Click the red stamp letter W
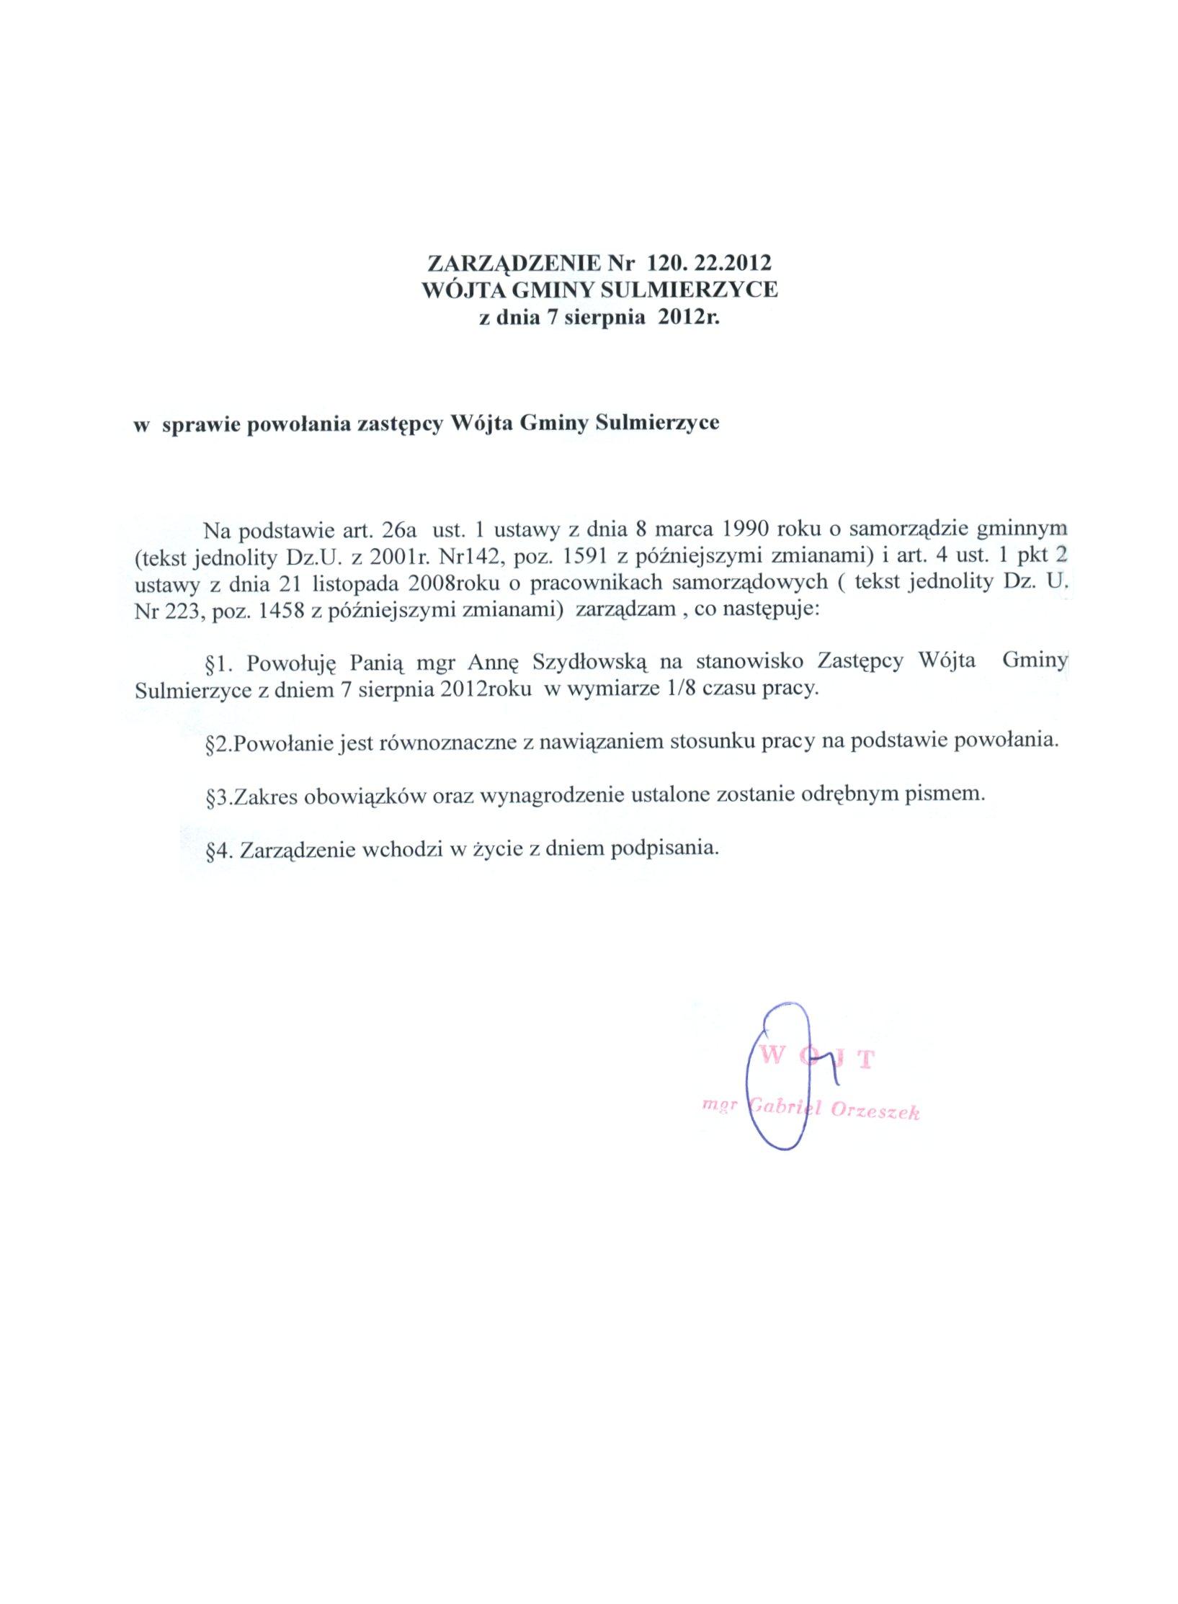769,1058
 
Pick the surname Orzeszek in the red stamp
875,1111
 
